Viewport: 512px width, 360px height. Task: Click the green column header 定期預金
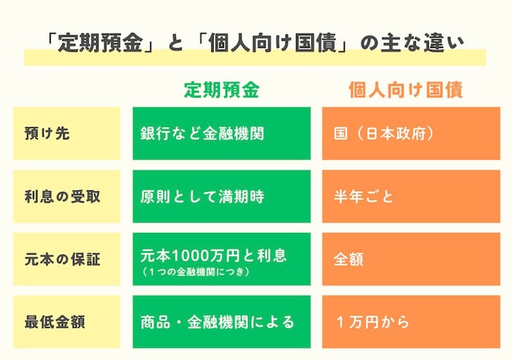tap(222, 90)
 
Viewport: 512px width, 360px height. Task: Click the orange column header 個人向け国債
tap(406, 90)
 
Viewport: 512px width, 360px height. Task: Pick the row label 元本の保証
tap(62, 259)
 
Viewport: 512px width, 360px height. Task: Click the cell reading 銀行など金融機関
tap(202, 134)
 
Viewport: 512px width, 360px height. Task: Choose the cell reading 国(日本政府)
tap(384, 134)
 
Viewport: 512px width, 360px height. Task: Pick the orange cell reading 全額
tap(348, 259)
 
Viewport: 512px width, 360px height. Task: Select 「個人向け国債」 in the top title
tap(270, 42)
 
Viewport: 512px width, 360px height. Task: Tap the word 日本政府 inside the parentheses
tap(392, 134)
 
